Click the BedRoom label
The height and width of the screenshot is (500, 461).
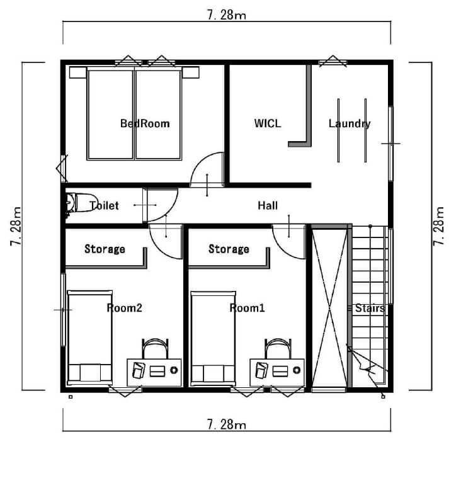pos(145,123)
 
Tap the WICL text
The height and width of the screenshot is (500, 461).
pos(268,123)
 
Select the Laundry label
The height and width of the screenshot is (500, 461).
pos(350,123)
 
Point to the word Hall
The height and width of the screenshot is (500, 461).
pos(268,206)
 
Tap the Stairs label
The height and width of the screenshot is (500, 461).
pos(370,308)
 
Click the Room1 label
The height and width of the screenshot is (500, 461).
pos(247,308)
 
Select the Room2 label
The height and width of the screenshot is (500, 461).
pos(124,308)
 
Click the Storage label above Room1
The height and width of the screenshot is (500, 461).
pos(229,249)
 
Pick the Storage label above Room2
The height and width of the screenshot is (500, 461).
pos(105,249)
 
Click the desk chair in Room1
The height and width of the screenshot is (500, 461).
pos(278,349)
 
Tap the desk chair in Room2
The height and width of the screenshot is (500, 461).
pos(155,349)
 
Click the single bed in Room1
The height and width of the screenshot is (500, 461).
pos(213,338)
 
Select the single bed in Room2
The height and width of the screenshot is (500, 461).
pos(90,338)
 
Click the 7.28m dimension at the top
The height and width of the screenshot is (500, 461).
pos(226,15)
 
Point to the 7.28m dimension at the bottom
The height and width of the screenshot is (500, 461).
pos(226,424)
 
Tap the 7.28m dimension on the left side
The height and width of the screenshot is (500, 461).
pos(16,226)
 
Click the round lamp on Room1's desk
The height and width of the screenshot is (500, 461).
pos(297,370)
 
